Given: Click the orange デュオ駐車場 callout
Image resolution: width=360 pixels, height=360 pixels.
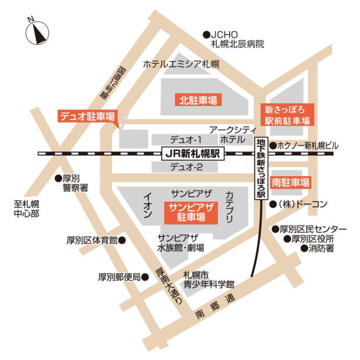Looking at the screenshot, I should tap(86, 116).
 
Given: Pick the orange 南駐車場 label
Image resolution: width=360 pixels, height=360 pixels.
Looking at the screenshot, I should tap(290, 183).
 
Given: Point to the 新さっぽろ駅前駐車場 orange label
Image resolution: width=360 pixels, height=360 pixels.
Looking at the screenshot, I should tap(287, 115).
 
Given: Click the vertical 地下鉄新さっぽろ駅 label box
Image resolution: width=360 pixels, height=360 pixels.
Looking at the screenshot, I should tap(261, 168).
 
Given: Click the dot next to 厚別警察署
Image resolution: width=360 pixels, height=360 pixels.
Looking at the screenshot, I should tap(58, 178).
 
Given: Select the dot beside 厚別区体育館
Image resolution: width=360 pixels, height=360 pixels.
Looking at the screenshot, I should tap(122, 240).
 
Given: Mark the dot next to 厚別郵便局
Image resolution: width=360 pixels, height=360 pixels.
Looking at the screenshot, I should tap(145, 276).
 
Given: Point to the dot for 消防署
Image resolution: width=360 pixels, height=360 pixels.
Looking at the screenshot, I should tap(305, 249).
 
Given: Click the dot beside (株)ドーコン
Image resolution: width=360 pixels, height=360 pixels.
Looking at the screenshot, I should tap(273, 204).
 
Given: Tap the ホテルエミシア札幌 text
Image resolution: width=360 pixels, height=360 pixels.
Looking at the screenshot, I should tap(181, 64).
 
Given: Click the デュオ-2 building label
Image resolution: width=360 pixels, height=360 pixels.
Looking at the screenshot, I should tap(186, 167).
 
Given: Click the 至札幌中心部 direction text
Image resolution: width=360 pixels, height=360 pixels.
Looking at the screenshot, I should tap(27, 209).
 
